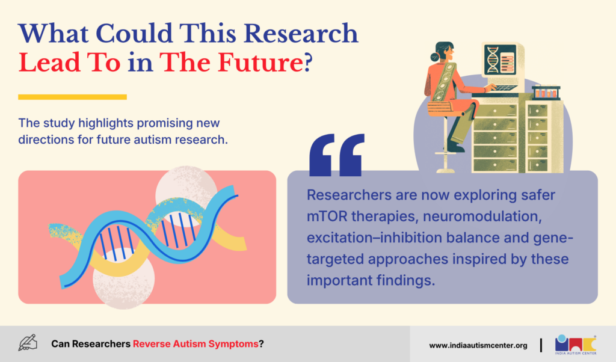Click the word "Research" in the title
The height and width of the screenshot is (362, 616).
point(301,33)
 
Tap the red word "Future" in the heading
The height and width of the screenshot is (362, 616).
point(260,63)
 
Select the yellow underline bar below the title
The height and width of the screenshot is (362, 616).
point(72,97)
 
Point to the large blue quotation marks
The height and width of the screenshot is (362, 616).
point(337,155)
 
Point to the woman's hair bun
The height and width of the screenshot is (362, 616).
point(434,57)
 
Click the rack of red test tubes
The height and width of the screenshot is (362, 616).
point(546,92)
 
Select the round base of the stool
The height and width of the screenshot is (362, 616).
point(445,170)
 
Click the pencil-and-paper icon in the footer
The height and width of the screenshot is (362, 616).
point(28,343)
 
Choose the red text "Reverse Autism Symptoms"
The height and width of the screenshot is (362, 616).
point(196,344)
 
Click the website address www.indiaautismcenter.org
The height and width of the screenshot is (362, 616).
point(478,346)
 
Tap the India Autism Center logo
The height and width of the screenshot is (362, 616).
point(576,345)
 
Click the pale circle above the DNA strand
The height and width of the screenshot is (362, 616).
point(186,191)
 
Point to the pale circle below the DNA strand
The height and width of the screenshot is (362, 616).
point(123,280)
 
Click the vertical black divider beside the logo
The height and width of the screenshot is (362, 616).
point(541,345)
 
